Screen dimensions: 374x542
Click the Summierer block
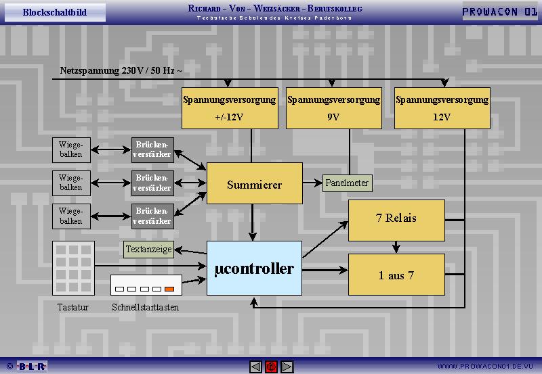pyautogui.click(x=254, y=184)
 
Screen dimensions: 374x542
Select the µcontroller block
pyautogui.click(x=254, y=269)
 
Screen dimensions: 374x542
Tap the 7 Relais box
pyautogui.click(x=396, y=218)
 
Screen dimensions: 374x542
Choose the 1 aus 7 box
pyautogui.click(x=396, y=275)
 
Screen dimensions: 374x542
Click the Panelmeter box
pyautogui.click(x=348, y=183)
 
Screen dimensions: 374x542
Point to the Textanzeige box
pyautogui.click(x=149, y=250)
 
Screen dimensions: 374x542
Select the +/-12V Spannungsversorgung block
pyautogui.click(x=230, y=108)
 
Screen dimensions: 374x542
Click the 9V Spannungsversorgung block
pyautogui.click(x=334, y=108)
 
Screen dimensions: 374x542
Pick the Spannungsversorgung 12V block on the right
pyautogui.click(x=442, y=108)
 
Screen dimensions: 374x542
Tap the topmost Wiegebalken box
pyautogui.click(x=70, y=149)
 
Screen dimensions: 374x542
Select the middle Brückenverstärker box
pyautogui.click(x=152, y=183)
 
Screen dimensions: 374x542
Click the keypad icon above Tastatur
pyautogui.click(x=74, y=267)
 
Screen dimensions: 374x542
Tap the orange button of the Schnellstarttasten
pyautogui.click(x=170, y=289)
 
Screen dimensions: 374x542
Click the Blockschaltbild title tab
pyautogui.click(x=54, y=12)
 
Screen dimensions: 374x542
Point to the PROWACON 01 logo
pyautogui.click(x=500, y=12)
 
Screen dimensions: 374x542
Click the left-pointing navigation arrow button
pyautogui.click(x=255, y=367)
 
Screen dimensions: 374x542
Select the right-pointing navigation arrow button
pyautogui.click(x=287, y=367)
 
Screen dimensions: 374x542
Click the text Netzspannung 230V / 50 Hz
pyautogui.click(x=121, y=70)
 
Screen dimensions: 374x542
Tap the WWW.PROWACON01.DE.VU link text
pyautogui.click(x=487, y=367)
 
